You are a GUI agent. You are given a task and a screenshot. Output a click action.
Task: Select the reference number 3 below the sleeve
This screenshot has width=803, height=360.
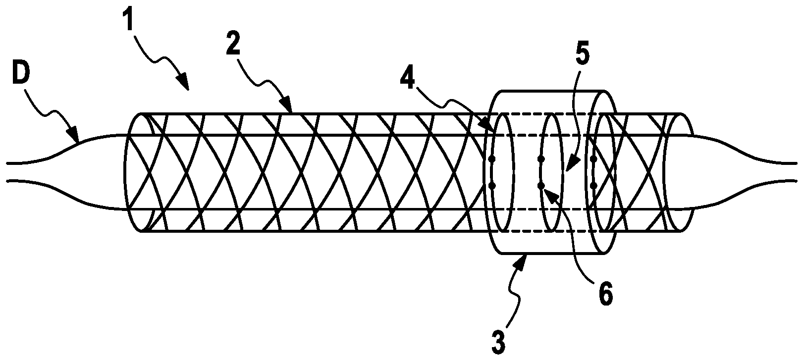[497, 341]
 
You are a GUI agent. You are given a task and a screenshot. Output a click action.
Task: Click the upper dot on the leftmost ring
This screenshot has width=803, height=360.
[492, 159]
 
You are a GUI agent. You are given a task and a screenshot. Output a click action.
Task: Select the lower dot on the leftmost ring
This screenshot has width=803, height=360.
[492, 186]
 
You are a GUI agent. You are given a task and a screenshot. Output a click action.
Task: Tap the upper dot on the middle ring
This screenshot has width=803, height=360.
[541, 159]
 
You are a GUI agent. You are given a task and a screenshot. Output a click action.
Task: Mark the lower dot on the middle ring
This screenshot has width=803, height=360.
[541, 186]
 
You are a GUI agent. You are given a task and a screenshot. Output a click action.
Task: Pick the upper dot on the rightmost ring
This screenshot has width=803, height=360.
[593, 159]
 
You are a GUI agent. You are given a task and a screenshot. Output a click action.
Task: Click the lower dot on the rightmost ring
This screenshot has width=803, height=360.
[593, 186]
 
